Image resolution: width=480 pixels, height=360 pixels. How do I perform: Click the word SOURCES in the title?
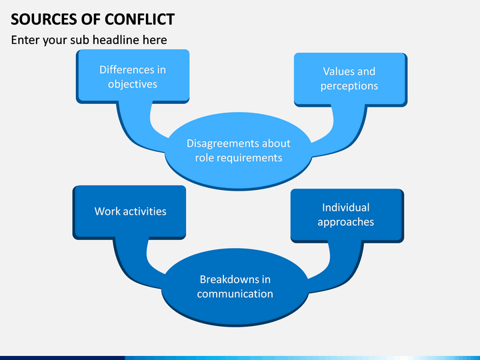[x=44, y=19]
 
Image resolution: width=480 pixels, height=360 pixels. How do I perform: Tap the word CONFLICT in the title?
[x=140, y=19]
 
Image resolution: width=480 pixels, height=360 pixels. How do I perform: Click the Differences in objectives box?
[x=133, y=77]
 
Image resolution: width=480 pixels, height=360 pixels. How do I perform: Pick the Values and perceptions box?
[x=351, y=79]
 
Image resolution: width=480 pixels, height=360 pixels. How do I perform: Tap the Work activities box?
[x=129, y=212]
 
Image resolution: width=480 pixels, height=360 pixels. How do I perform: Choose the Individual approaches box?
[x=347, y=215]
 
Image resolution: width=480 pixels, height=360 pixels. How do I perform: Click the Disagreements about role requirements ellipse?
[x=239, y=151]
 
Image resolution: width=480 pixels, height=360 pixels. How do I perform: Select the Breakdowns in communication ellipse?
[x=235, y=287]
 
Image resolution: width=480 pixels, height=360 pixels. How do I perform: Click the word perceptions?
[x=349, y=86]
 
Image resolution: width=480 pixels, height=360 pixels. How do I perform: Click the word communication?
[x=235, y=294]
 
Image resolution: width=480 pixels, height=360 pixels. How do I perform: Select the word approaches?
[x=345, y=222]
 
